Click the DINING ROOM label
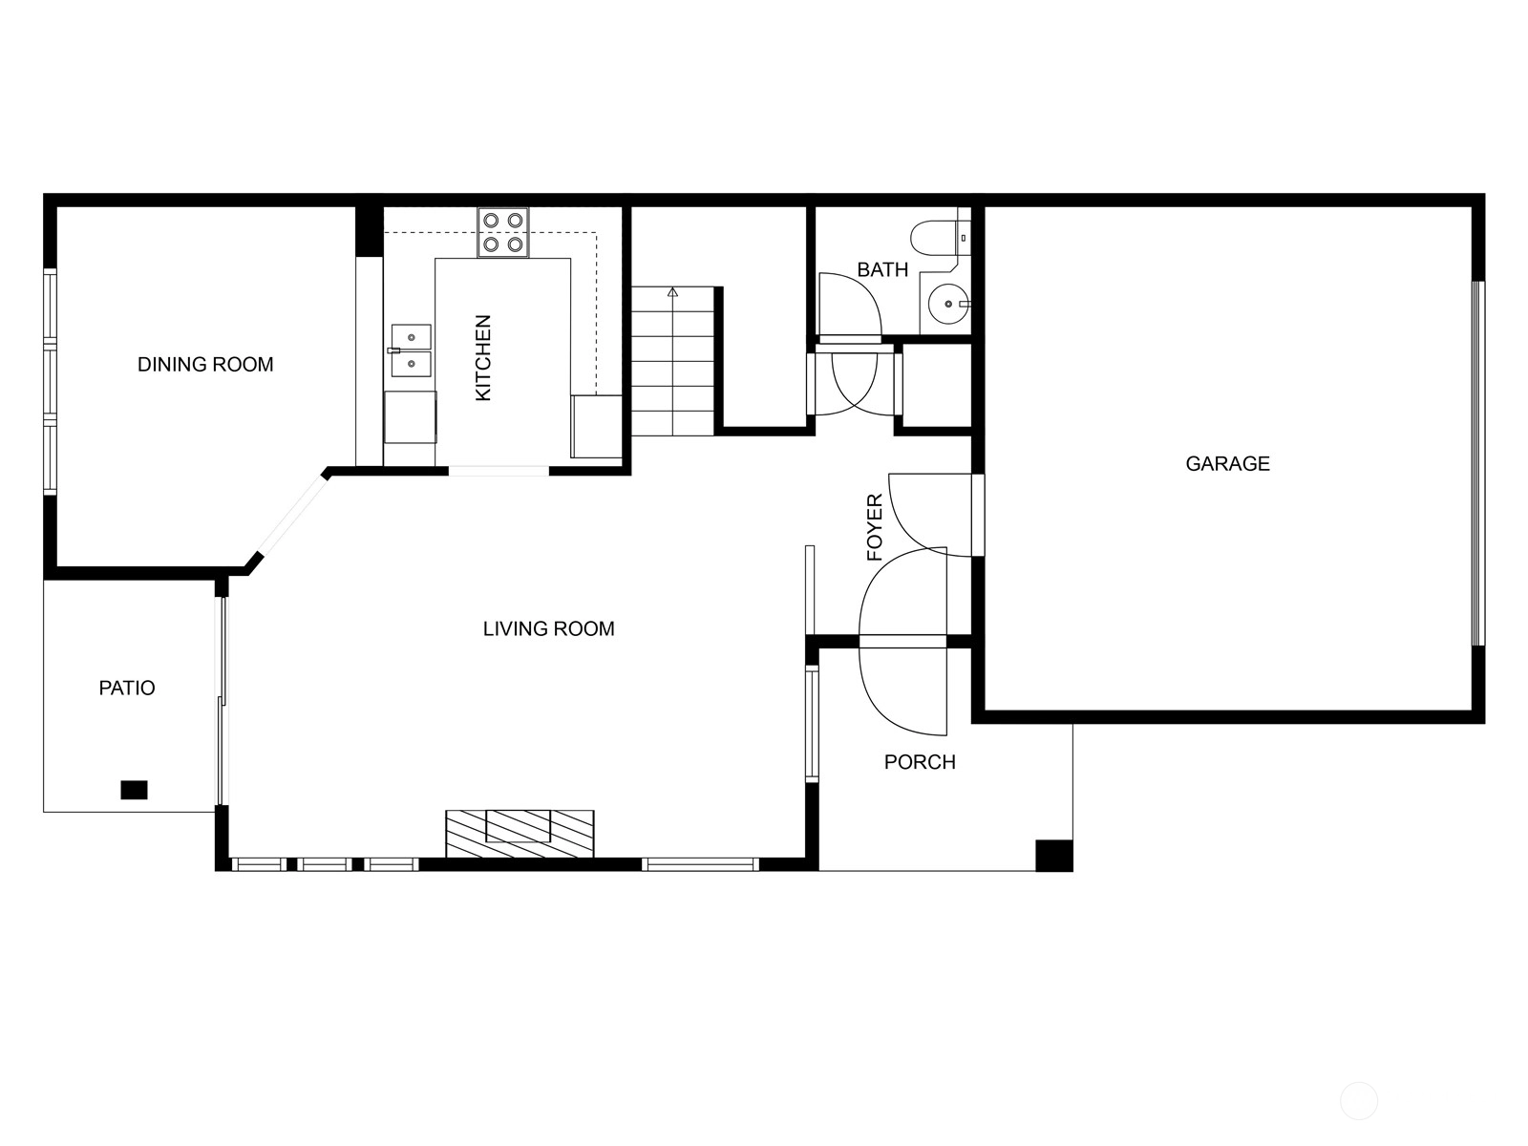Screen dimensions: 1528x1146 click(205, 364)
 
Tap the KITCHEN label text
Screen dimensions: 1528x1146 click(482, 357)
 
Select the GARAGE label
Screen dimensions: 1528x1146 click(1227, 463)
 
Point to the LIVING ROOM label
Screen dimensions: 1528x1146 click(548, 628)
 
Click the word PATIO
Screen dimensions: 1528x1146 click(127, 688)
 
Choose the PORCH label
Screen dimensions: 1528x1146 click(920, 762)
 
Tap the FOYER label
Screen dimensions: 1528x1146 click(875, 527)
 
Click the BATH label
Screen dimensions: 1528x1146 click(882, 269)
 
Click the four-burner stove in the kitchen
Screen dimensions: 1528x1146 click(503, 232)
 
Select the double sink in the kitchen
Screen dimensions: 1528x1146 click(411, 350)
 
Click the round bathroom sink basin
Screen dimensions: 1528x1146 click(948, 304)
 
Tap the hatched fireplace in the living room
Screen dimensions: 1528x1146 click(520, 834)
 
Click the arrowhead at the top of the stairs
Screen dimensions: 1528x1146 click(672, 291)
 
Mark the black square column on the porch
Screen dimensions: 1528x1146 click(1054, 855)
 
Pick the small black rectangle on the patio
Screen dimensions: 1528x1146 click(134, 790)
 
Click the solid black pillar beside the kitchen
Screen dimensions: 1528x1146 click(369, 231)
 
